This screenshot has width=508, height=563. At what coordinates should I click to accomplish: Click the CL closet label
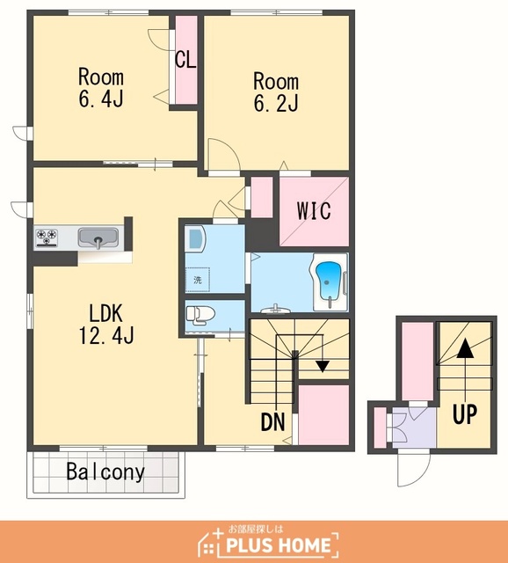[185, 60]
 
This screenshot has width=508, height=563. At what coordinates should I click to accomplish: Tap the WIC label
[314, 211]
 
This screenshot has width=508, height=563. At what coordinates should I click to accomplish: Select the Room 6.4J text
[101, 87]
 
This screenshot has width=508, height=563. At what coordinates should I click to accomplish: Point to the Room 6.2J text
[276, 91]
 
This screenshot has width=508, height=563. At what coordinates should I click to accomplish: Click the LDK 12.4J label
[106, 325]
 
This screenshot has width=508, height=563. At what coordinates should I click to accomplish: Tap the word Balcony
[105, 472]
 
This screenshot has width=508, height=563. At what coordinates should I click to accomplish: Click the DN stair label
[273, 421]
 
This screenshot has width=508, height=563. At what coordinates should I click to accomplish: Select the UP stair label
[465, 414]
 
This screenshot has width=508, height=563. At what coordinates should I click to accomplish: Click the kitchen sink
[98, 238]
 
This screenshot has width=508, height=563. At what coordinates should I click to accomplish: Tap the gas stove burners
[47, 238]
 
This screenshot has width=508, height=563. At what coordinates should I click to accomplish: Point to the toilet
[200, 315]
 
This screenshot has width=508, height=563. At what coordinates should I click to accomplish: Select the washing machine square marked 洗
[198, 280]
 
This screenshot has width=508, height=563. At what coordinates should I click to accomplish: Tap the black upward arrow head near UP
[465, 348]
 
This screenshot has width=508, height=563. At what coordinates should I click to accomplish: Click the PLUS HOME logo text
[279, 545]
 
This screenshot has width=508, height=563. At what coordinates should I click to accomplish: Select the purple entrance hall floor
[414, 427]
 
